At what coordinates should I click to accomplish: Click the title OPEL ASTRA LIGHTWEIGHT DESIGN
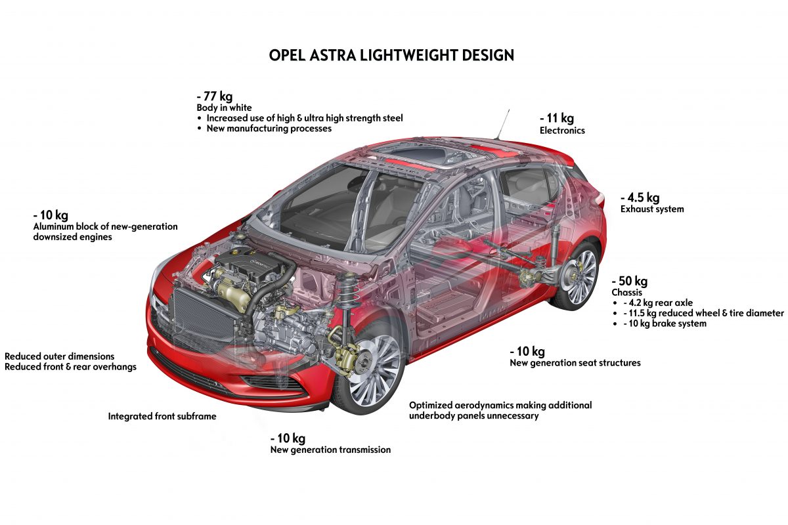pyautogui.click(x=391, y=55)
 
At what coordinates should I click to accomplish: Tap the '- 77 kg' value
pyautogui.click(x=214, y=96)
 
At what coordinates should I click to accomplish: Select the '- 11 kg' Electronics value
pyautogui.click(x=557, y=118)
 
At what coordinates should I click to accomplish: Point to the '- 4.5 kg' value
pyautogui.click(x=640, y=197)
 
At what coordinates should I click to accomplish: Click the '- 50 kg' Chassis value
pyautogui.click(x=630, y=281)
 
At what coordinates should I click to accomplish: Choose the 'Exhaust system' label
pyautogui.click(x=652, y=209)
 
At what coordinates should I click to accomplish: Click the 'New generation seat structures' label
pyautogui.click(x=575, y=363)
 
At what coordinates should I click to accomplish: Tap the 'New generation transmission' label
pyautogui.click(x=330, y=450)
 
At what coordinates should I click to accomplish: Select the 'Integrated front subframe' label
pyautogui.click(x=162, y=416)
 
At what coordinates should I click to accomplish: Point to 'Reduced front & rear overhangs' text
pyautogui.click(x=70, y=367)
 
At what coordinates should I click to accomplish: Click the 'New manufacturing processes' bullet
pyautogui.click(x=269, y=129)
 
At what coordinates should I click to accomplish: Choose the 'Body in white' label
pyautogui.click(x=224, y=107)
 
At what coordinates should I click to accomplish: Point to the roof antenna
pyautogui.click(x=503, y=124)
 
